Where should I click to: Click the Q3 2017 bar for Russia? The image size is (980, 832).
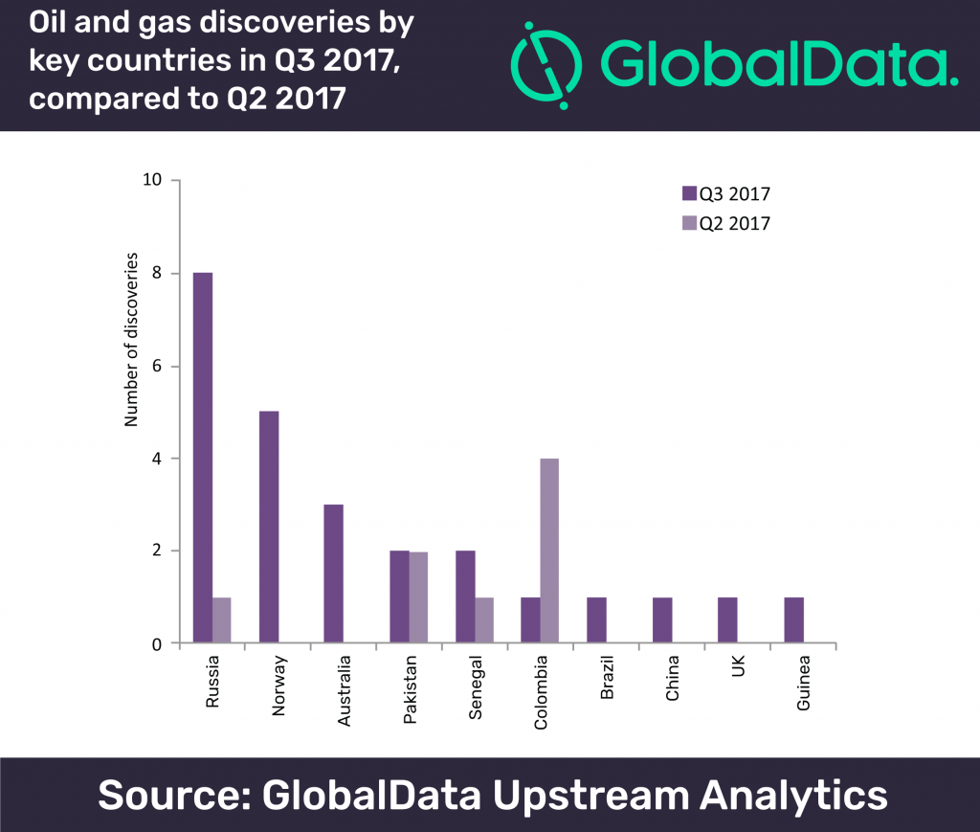[202, 458]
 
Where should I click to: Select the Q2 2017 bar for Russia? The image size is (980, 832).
[221, 620]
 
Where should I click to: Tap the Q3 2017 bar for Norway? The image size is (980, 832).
[268, 528]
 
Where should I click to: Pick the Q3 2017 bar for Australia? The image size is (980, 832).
[333, 573]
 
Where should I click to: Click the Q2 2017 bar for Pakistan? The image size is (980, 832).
[418, 597]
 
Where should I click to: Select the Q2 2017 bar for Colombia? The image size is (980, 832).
[549, 551]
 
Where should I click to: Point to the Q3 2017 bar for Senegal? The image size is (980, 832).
[465, 597]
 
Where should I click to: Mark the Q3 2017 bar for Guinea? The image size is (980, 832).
[793, 620]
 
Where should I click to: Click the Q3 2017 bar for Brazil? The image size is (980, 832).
[596, 620]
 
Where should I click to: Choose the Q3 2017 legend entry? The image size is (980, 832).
[725, 193]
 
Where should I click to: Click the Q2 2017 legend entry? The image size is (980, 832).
[725, 223]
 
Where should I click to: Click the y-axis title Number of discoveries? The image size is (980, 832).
[133, 339]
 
